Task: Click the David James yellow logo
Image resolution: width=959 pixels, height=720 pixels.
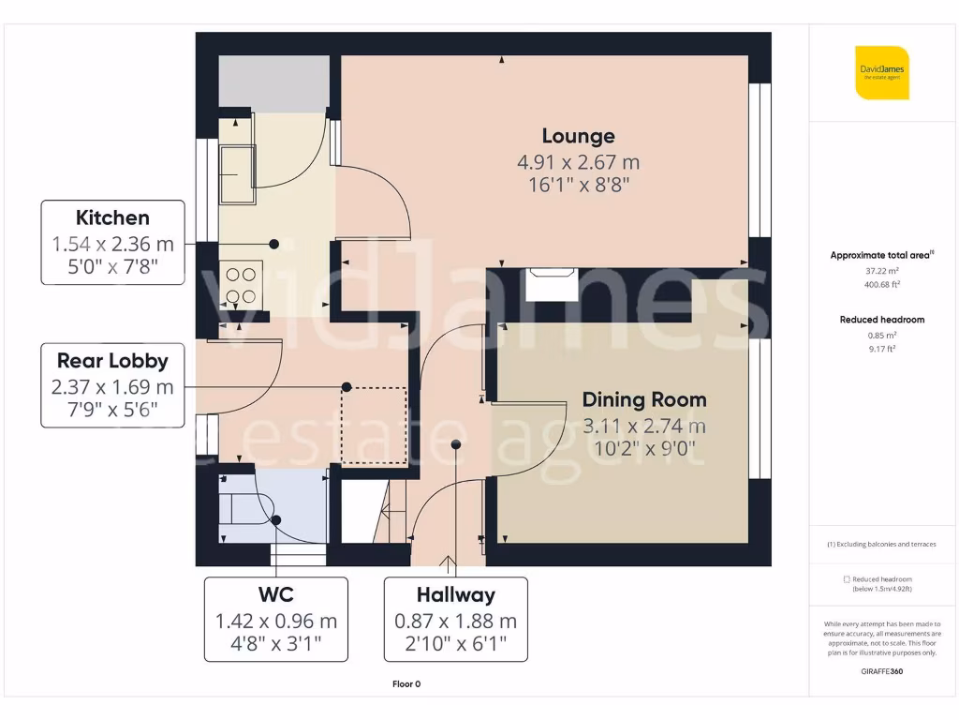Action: pyautogui.click(x=881, y=72)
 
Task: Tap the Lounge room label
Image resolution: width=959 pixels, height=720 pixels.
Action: pyautogui.click(x=578, y=137)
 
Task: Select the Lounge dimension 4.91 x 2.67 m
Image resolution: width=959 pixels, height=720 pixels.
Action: pyautogui.click(x=578, y=162)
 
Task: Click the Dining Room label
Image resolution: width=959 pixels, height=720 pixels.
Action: pyautogui.click(x=643, y=399)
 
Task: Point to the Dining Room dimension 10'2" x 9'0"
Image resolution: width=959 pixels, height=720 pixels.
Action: pyautogui.click(x=643, y=449)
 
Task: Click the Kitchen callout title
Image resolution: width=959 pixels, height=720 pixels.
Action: pyautogui.click(x=112, y=217)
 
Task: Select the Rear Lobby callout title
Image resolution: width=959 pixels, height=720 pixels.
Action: pyautogui.click(x=112, y=361)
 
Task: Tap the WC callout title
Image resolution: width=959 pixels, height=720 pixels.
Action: pyautogui.click(x=275, y=594)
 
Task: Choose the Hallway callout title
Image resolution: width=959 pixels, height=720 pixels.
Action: pyautogui.click(x=455, y=594)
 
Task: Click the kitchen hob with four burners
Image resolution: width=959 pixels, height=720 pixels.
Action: pyautogui.click(x=242, y=285)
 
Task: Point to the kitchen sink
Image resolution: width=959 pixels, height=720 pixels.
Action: pyautogui.click(x=236, y=173)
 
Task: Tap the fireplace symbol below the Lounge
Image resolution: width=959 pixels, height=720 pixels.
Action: pyautogui.click(x=552, y=284)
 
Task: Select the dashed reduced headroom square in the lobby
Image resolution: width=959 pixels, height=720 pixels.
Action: pyautogui.click(x=374, y=427)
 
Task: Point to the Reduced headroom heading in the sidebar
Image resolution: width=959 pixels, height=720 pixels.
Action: pyautogui.click(x=881, y=320)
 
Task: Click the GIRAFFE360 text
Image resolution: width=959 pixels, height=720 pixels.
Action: pyautogui.click(x=881, y=671)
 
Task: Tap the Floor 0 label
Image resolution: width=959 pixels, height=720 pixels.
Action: pyautogui.click(x=406, y=684)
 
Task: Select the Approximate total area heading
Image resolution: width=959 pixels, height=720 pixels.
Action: pyautogui.click(x=880, y=255)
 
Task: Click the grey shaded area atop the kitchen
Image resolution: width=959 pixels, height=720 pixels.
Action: pyautogui.click(x=273, y=82)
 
